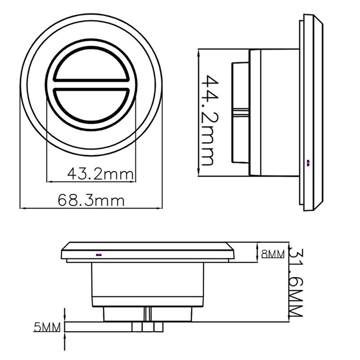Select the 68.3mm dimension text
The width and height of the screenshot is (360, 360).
[91, 200]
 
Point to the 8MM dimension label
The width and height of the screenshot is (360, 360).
[273, 254]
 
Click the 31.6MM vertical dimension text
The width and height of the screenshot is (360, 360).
[296, 283]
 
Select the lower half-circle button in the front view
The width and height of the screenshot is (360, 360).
[91, 105]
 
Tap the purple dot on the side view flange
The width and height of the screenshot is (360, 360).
[308, 163]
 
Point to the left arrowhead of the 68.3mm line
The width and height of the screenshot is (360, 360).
[22, 208]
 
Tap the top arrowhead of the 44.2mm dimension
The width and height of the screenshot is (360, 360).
[198, 52]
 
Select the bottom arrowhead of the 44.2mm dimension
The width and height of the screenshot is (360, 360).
[198, 173]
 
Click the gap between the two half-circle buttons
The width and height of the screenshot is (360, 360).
[91, 84]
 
